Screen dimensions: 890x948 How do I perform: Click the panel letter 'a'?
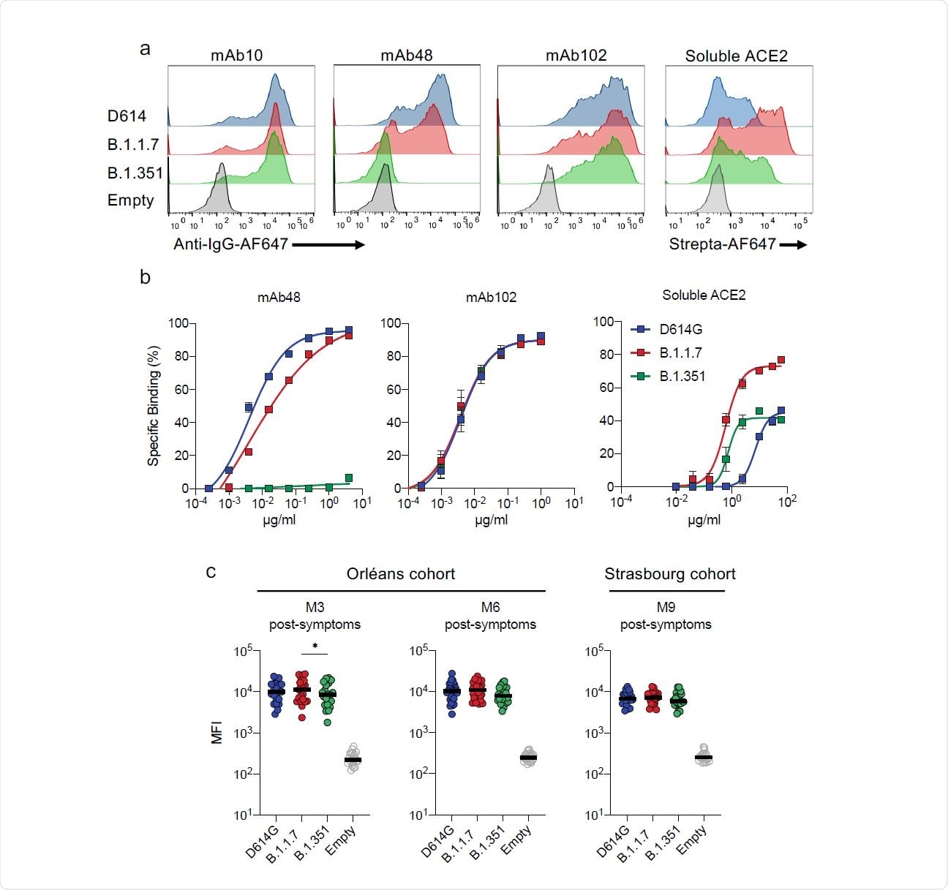(146, 49)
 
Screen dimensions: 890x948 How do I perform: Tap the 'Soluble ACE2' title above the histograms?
(736, 56)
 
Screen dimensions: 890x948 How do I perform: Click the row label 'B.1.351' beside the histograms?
(135, 173)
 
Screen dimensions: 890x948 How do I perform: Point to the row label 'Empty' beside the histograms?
(131, 200)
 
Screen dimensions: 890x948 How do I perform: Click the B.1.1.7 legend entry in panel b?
(680, 353)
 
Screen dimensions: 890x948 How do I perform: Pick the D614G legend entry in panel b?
(680, 330)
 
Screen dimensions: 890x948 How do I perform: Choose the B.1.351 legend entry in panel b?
(682, 377)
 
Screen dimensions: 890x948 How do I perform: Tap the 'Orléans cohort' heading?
(400, 574)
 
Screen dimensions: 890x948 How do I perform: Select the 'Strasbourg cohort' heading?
(669, 574)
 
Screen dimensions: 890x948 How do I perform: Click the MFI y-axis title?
(217, 732)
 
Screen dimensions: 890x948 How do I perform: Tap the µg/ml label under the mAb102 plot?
(491, 520)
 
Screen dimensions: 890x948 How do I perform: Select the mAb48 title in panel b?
(279, 298)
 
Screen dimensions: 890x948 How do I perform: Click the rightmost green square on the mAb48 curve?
(349, 478)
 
